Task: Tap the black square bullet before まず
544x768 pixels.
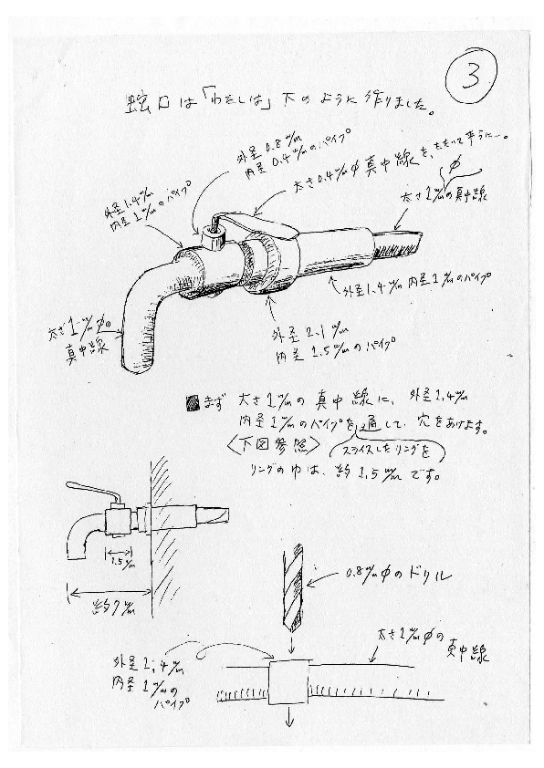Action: coord(191,400)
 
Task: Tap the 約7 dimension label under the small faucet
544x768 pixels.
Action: coord(109,607)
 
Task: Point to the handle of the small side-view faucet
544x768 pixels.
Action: coord(91,489)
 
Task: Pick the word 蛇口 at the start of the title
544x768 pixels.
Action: coord(148,102)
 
